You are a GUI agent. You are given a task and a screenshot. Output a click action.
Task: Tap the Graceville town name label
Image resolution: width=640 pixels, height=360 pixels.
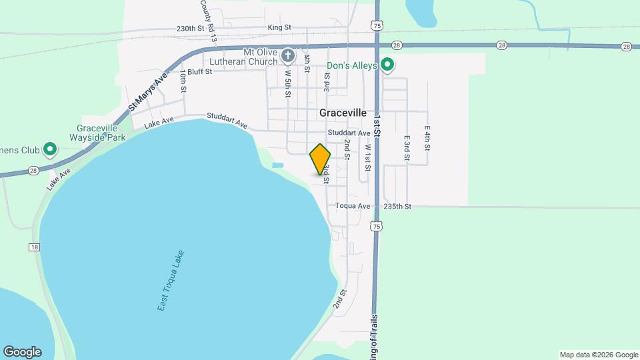(343, 113)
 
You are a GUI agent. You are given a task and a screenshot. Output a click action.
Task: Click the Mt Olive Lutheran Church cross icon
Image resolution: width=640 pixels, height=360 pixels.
(288, 55)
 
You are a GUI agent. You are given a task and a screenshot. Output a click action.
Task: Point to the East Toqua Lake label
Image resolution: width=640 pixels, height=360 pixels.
(171, 280)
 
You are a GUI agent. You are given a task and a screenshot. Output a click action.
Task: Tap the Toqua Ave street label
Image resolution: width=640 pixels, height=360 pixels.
(353, 207)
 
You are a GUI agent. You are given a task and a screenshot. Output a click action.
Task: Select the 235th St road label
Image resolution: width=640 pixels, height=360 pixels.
(397, 207)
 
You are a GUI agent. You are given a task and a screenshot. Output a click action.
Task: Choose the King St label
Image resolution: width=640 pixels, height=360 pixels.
(279, 27)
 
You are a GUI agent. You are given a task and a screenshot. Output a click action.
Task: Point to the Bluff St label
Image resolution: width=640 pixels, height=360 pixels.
(199, 71)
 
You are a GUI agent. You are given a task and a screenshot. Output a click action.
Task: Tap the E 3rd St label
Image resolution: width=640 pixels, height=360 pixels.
(406, 149)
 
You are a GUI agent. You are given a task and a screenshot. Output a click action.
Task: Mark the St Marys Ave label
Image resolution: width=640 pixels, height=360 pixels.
(148, 93)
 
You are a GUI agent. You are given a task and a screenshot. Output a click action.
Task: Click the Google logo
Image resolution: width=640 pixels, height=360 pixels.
(22, 352)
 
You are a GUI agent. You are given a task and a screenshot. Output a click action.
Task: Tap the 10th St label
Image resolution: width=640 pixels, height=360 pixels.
(183, 81)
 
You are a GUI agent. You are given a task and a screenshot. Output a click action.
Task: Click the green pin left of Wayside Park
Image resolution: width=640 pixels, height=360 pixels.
(49, 149)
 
